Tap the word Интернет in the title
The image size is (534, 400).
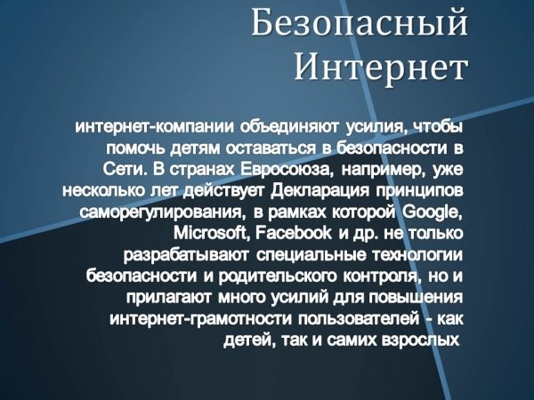click(380, 68)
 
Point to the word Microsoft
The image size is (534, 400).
click(213, 233)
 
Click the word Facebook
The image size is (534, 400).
click(293, 233)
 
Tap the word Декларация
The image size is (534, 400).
click(320, 191)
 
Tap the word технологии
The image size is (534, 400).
click(418, 255)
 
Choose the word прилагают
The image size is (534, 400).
click(169, 298)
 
